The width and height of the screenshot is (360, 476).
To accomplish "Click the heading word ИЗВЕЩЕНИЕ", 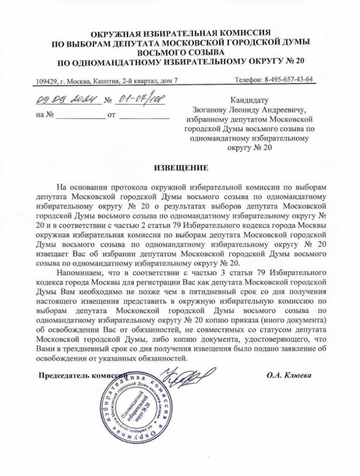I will [180, 167].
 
